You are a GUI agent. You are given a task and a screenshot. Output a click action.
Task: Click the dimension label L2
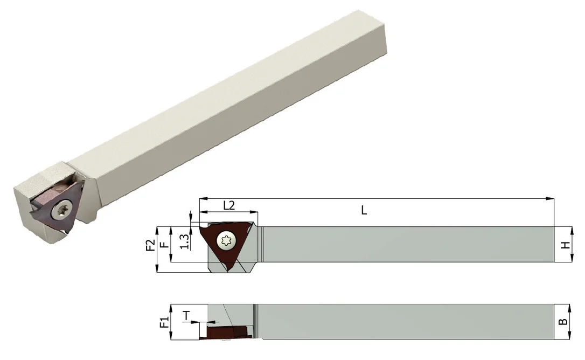229,205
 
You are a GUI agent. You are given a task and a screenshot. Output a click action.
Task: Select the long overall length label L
364,211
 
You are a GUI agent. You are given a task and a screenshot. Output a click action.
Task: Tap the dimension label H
566,245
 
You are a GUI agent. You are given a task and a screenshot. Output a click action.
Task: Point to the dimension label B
564,322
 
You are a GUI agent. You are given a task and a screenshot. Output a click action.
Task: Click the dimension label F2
150,245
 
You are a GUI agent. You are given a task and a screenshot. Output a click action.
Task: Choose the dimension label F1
164,322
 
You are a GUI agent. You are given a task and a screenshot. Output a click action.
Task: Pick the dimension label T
186,316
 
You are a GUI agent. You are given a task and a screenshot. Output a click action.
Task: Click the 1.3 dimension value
185,241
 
